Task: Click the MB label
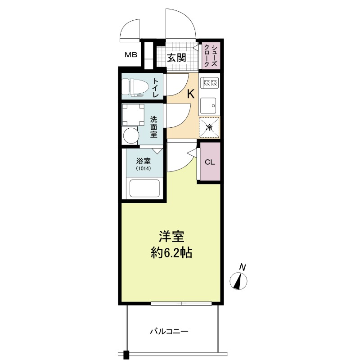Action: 131,55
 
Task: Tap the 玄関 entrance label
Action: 176,58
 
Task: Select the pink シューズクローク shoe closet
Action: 211,55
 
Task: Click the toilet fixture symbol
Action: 133,86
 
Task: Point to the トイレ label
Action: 156,87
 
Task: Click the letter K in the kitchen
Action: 191,94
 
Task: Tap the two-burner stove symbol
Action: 209,82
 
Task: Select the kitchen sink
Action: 208,106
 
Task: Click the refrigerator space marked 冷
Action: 209,127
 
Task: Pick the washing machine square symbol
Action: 133,115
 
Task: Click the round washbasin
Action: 131,135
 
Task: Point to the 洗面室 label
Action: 154,127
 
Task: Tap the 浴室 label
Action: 143,161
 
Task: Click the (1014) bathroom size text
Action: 143,168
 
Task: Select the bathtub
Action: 144,188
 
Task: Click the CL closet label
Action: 210,162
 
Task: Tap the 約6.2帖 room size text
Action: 171,253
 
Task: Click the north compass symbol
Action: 239,280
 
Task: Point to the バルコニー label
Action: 169,331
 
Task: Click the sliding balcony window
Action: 181,303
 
